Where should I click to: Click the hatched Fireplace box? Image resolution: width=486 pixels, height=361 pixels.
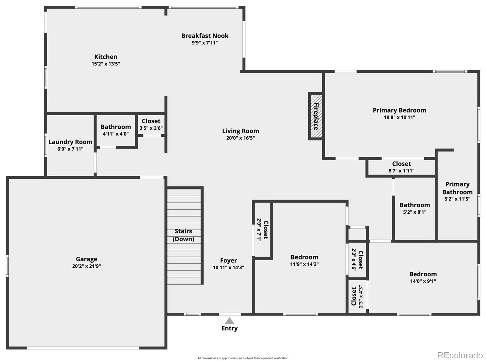point(316,116)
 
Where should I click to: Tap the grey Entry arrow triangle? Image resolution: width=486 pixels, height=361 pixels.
point(229,321)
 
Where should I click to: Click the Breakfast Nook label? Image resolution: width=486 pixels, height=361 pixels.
point(205,36)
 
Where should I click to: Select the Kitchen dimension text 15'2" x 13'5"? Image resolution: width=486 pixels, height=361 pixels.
point(106,64)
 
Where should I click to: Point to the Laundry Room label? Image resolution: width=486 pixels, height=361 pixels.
point(70,142)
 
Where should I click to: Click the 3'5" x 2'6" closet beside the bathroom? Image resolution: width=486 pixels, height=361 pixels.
point(151,124)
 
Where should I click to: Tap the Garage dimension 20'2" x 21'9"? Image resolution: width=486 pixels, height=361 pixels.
point(87,266)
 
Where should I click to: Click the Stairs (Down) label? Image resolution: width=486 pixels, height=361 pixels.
point(183,235)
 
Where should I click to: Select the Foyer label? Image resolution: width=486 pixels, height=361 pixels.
point(228,261)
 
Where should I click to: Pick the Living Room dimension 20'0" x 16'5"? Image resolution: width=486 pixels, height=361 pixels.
point(240,138)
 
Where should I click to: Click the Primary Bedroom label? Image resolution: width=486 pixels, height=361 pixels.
point(399,110)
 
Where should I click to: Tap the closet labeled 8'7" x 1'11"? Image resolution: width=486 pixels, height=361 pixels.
point(401,167)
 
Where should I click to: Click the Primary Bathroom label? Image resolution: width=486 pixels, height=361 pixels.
point(457,188)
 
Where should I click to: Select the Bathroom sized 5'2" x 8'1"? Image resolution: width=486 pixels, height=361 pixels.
point(415,208)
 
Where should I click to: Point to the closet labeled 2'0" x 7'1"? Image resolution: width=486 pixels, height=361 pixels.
point(262,230)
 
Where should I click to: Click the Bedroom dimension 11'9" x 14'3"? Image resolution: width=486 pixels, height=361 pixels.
point(304,264)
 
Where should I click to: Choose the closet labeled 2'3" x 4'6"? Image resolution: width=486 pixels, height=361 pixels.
point(357,260)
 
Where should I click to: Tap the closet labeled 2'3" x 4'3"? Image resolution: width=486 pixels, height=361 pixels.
point(357,296)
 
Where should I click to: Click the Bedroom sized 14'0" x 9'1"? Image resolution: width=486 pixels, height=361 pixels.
point(423,277)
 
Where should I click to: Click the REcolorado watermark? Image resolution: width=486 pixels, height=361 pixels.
point(460,355)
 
